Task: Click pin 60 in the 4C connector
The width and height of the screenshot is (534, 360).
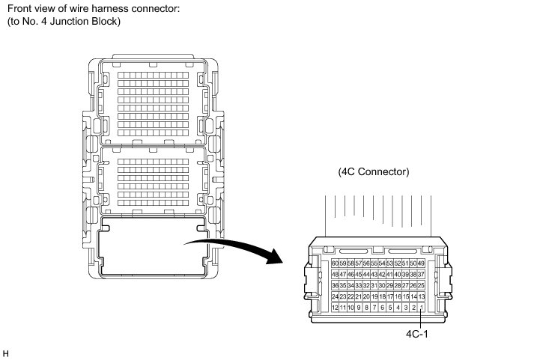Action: pos(334,263)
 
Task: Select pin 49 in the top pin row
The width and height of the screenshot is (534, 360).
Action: pos(421,263)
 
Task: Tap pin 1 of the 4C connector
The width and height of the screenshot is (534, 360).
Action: pos(422,308)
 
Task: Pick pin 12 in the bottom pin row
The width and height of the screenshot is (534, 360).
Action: pos(334,308)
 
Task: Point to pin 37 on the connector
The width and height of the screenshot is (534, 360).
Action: pos(421,275)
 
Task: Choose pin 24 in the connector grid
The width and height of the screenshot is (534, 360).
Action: pos(334,297)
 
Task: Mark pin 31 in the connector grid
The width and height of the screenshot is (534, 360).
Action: pos(374,286)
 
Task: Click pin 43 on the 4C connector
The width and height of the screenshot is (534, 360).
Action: pos(374,275)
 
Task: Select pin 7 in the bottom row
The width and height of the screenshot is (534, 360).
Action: pos(374,308)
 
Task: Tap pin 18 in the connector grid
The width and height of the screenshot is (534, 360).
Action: pos(381,297)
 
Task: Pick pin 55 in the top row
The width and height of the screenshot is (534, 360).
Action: pos(374,263)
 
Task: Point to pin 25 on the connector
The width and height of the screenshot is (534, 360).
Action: pos(421,286)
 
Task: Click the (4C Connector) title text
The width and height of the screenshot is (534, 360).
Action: pos(373,171)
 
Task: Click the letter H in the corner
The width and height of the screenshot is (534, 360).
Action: pos(6,350)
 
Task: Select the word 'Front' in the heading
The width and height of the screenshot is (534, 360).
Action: pos(20,8)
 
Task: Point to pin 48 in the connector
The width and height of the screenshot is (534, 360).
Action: pos(334,275)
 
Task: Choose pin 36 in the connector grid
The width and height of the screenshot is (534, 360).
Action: pos(334,286)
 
